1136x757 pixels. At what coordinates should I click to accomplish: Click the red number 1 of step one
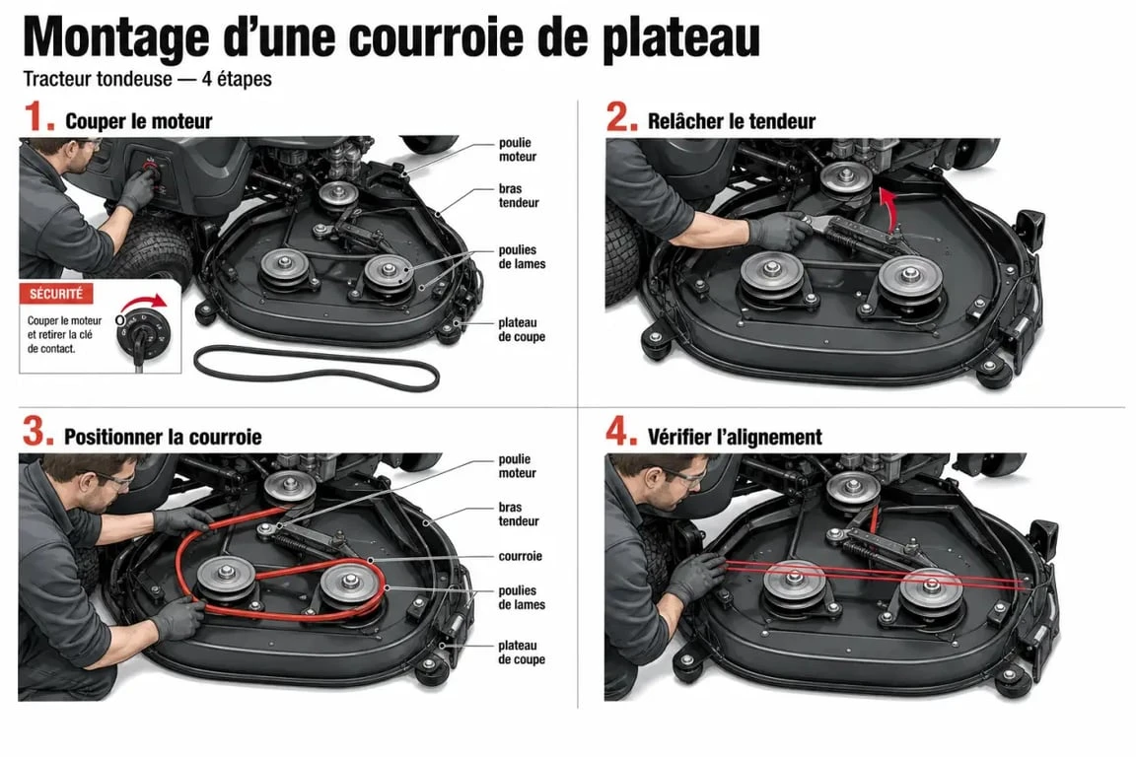coord(38,116)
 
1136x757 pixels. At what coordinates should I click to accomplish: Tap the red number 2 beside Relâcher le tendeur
coord(621,116)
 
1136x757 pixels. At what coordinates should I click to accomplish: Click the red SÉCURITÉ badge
coord(56,294)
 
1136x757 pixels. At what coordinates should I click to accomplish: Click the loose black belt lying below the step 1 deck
coord(317,368)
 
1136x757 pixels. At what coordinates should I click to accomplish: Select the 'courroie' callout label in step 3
coord(521,556)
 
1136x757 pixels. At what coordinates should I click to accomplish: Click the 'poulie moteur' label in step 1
coord(518,149)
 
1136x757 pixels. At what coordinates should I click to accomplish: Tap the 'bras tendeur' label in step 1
coord(519,195)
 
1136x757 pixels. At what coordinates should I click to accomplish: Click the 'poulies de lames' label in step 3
coord(522,597)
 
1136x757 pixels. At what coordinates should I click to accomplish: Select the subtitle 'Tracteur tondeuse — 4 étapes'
coord(147,78)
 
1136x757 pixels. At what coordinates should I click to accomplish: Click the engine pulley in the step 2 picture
coord(845,177)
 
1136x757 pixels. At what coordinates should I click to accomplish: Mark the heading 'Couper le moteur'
coord(138,121)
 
